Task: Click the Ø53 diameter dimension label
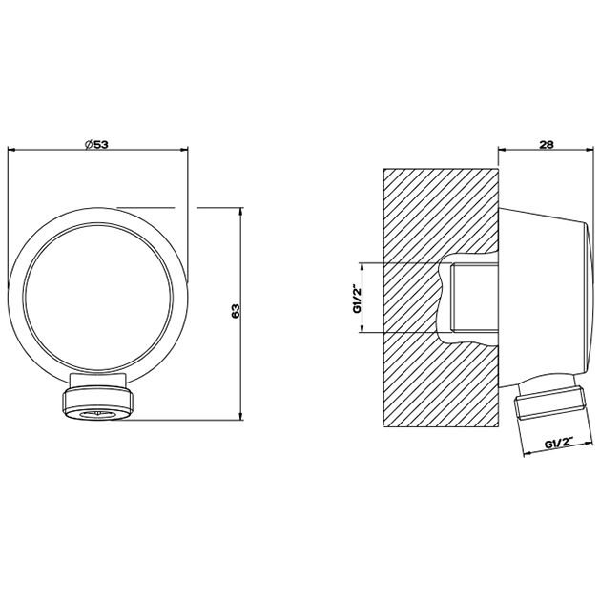click(x=96, y=144)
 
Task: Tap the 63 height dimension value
click(x=236, y=310)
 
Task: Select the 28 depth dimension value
click(x=547, y=144)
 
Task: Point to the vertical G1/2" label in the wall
click(x=357, y=298)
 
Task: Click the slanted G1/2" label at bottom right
click(x=558, y=444)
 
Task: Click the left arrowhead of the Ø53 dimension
click(x=10, y=149)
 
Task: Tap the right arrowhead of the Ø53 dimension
click(x=185, y=149)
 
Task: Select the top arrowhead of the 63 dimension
click(x=240, y=211)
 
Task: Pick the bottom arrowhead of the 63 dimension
click(x=240, y=416)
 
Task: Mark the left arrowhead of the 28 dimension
click(x=502, y=149)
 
